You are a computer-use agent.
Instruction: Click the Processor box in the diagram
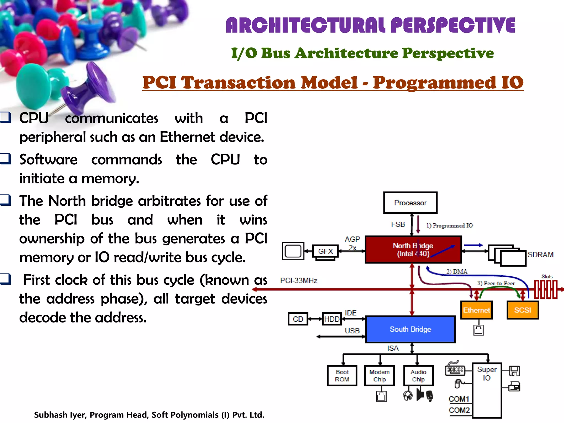pyautogui.click(x=410, y=203)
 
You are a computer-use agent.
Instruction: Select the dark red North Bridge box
pyautogui.click(x=413, y=250)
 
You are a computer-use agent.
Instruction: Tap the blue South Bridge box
pyautogui.click(x=410, y=329)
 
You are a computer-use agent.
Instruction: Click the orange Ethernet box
pyautogui.click(x=476, y=310)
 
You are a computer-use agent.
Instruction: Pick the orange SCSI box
pyautogui.click(x=522, y=310)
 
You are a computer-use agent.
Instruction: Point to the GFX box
pyautogui.click(x=325, y=251)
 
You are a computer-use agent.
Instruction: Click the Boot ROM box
pyautogui.click(x=342, y=376)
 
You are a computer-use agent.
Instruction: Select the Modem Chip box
pyautogui.click(x=379, y=376)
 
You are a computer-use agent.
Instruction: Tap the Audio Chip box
pyautogui.click(x=418, y=376)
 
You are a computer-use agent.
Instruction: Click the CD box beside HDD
pyautogui.click(x=298, y=319)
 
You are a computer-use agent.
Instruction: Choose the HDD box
pyautogui.click(x=332, y=319)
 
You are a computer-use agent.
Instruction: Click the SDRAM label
pyautogui.click(x=540, y=254)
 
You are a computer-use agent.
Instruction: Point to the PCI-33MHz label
pyautogui.click(x=299, y=280)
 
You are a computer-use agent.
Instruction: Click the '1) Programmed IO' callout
pyautogui.click(x=449, y=226)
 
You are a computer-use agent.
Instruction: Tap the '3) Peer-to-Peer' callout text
pyautogui.click(x=496, y=283)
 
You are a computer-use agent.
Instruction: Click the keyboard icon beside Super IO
pyautogui.click(x=455, y=370)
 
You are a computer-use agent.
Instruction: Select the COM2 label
pyautogui.click(x=459, y=410)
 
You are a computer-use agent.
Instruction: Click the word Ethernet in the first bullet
pyautogui.click(x=188, y=137)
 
